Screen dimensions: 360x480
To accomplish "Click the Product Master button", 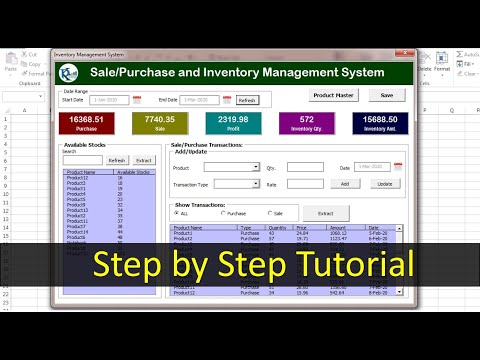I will [333, 95].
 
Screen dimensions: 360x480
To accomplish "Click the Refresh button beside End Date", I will [247, 100].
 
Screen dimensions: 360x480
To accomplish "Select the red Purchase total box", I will [84, 122].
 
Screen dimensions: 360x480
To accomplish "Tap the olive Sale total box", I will [160, 122].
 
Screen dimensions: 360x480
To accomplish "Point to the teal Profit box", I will [233, 122].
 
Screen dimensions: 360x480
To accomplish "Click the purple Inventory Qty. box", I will [306, 122].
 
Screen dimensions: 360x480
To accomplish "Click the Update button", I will [384, 184].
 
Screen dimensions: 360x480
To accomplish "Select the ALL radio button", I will [178, 213].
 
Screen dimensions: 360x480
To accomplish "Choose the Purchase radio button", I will [223, 213].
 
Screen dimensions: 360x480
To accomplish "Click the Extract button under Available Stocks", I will [144, 160].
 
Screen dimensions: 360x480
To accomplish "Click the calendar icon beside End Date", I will [226, 100].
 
